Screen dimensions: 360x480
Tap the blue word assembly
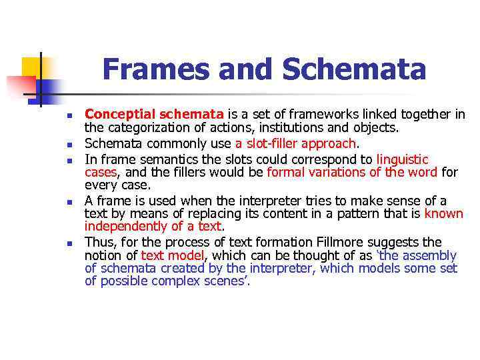tap(431, 255)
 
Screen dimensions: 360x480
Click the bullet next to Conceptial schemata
tap(69, 116)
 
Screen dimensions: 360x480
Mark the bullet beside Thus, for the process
tap(69, 244)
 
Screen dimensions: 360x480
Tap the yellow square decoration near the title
tap(31, 67)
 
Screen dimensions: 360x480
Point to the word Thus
tap(99, 242)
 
